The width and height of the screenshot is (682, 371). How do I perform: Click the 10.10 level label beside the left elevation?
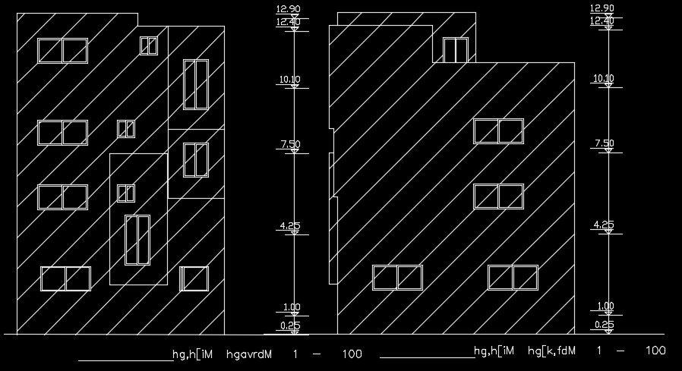pyautogui.click(x=290, y=79)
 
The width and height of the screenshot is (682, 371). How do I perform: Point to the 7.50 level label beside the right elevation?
pyautogui.click(x=604, y=143)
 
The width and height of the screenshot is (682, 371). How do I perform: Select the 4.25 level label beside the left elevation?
pyautogui.click(x=290, y=225)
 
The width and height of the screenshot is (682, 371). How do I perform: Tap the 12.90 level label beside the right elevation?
pyautogui.click(x=601, y=8)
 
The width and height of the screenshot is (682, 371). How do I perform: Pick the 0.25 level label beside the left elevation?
pyautogui.click(x=290, y=325)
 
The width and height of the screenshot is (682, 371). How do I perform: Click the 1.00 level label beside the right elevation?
pyautogui.click(x=605, y=307)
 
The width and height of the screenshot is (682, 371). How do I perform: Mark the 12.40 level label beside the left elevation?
pyautogui.click(x=288, y=21)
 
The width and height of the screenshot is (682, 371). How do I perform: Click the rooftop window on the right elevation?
pyautogui.click(x=455, y=50)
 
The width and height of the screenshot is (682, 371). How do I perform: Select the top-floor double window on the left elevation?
pyautogui.click(x=63, y=51)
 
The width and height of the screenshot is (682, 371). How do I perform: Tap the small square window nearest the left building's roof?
pyautogui.click(x=148, y=46)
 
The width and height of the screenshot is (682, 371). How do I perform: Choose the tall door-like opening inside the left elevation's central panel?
pyautogui.click(x=137, y=240)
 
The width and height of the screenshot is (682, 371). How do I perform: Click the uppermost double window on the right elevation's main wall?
pyautogui.click(x=498, y=131)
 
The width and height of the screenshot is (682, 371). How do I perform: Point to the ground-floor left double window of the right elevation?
pyautogui.click(x=397, y=278)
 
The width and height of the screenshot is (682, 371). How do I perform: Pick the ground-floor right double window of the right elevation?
pyautogui.click(x=513, y=278)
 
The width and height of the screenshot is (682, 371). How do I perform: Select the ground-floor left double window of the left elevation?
pyautogui.click(x=65, y=278)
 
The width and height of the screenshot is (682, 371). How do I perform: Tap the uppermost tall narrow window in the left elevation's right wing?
pyautogui.click(x=196, y=84)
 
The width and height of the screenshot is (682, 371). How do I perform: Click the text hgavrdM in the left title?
pyautogui.click(x=249, y=354)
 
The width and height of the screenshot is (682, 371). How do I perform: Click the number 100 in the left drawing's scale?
pyautogui.click(x=352, y=354)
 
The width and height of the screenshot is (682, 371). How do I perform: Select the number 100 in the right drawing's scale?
pyautogui.click(x=655, y=351)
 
